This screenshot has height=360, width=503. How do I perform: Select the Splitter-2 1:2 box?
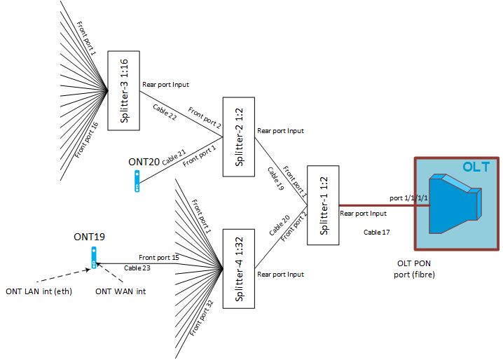(x=237, y=137)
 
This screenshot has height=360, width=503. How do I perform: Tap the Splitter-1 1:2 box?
(x=323, y=205)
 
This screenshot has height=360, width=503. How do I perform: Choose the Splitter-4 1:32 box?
(x=237, y=268)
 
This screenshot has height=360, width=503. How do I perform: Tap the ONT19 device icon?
(x=93, y=257)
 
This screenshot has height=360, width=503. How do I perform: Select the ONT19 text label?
(x=89, y=237)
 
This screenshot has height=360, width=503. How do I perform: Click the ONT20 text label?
(x=144, y=161)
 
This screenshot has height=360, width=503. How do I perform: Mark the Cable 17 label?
(x=377, y=232)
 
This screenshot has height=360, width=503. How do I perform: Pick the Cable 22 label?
(x=165, y=112)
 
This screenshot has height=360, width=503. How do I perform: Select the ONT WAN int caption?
(x=120, y=291)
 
